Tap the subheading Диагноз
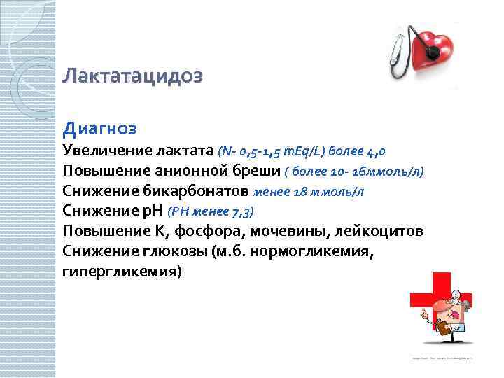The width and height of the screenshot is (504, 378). coord(99,129)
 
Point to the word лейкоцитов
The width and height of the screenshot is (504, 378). coord(382,232)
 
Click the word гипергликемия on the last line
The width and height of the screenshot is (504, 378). coord(122,272)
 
